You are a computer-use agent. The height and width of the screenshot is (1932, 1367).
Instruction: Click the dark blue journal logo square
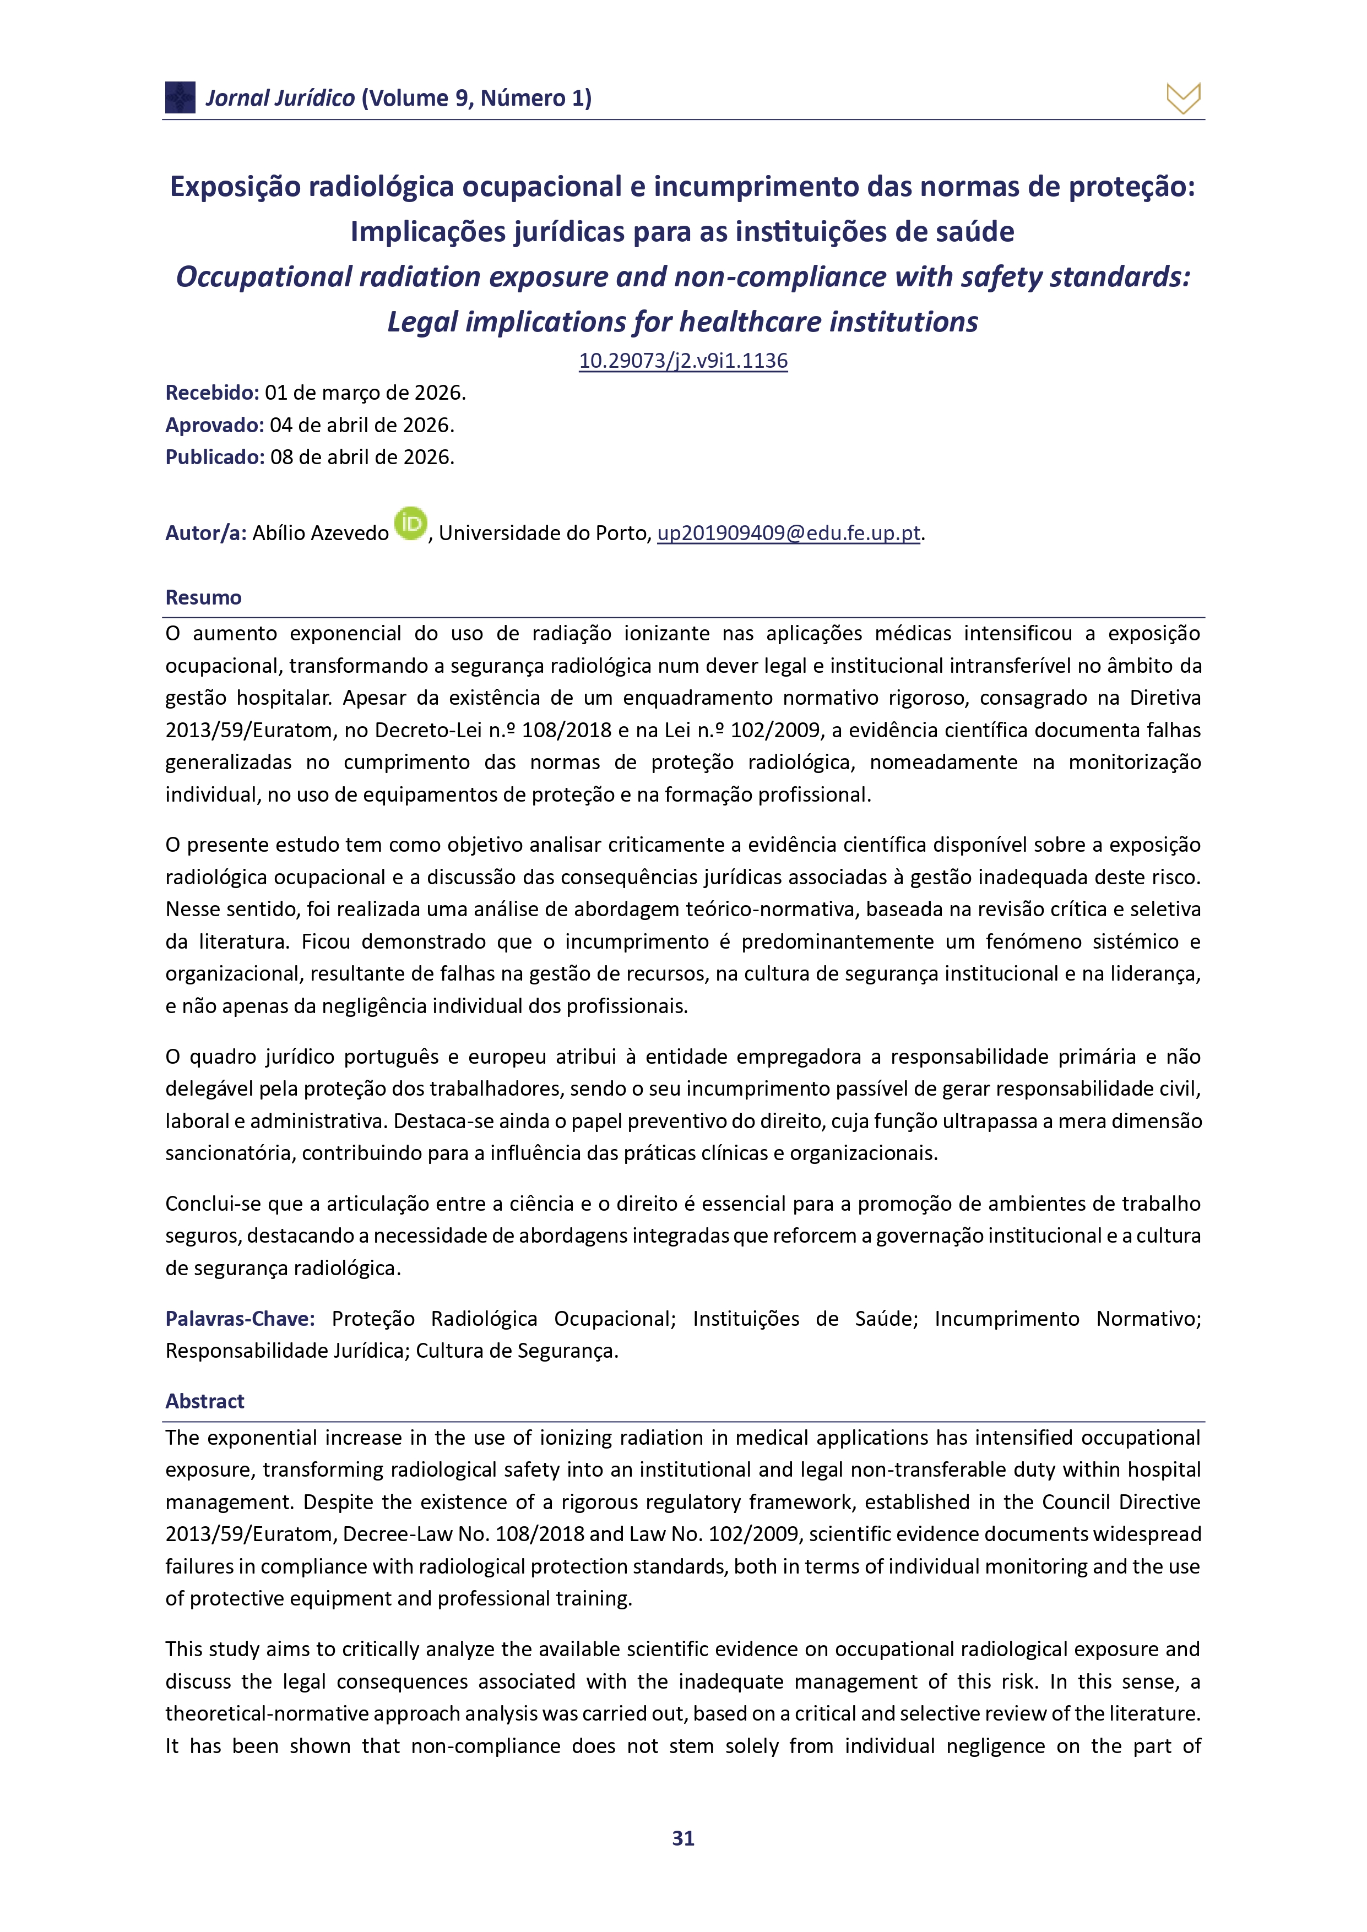pos(180,97)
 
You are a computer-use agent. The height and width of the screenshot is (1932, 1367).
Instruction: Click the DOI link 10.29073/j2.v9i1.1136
pos(682,361)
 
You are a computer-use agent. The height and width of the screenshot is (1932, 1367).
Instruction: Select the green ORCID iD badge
pos(411,524)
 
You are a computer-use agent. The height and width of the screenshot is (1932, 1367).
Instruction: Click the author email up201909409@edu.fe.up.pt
pos(788,534)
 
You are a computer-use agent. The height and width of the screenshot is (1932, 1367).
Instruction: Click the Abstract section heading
pos(204,1401)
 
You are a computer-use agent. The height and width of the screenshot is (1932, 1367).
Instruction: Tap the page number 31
pos(682,1838)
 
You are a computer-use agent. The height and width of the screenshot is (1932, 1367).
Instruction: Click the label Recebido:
pos(212,393)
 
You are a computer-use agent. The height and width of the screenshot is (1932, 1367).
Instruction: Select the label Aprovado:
pos(215,425)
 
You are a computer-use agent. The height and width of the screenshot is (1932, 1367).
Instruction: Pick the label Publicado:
pos(215,457)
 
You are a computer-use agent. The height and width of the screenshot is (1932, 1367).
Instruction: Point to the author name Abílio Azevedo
pos(321,534)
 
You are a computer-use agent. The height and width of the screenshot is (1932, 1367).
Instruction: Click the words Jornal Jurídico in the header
pos(280,99)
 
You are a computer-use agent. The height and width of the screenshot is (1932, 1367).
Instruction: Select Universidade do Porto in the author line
pos(545,534)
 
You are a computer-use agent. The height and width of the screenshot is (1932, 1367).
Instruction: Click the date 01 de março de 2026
pos(365,393)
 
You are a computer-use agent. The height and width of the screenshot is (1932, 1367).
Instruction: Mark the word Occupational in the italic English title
pos(263,277)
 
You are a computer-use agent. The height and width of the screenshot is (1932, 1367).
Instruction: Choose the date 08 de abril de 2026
pos(362,457)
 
